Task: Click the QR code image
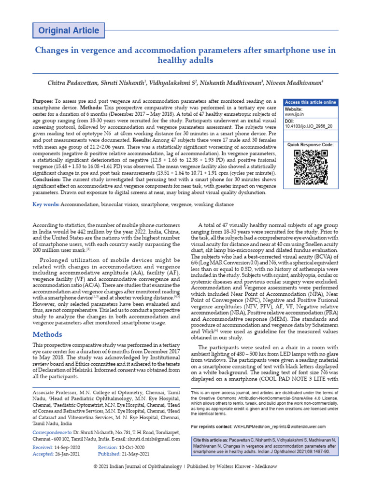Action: (x=311, y=167)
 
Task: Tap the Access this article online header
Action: (x=311, y=102)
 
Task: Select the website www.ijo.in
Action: (x=294, y=115)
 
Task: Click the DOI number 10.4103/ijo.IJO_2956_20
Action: (x=309, y=126)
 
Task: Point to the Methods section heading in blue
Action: (x=47, y=334)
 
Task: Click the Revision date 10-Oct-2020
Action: (x=131, y=448)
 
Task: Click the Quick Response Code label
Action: (x=310, y=145)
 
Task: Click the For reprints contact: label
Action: (x=212, y=427)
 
